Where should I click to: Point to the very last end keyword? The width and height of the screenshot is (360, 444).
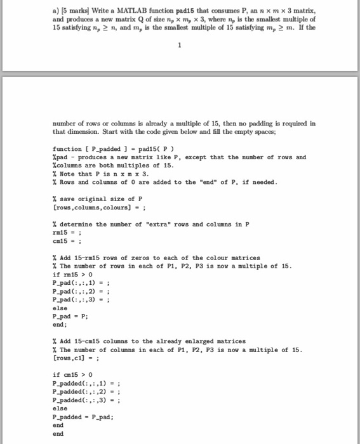pos(58,434)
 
